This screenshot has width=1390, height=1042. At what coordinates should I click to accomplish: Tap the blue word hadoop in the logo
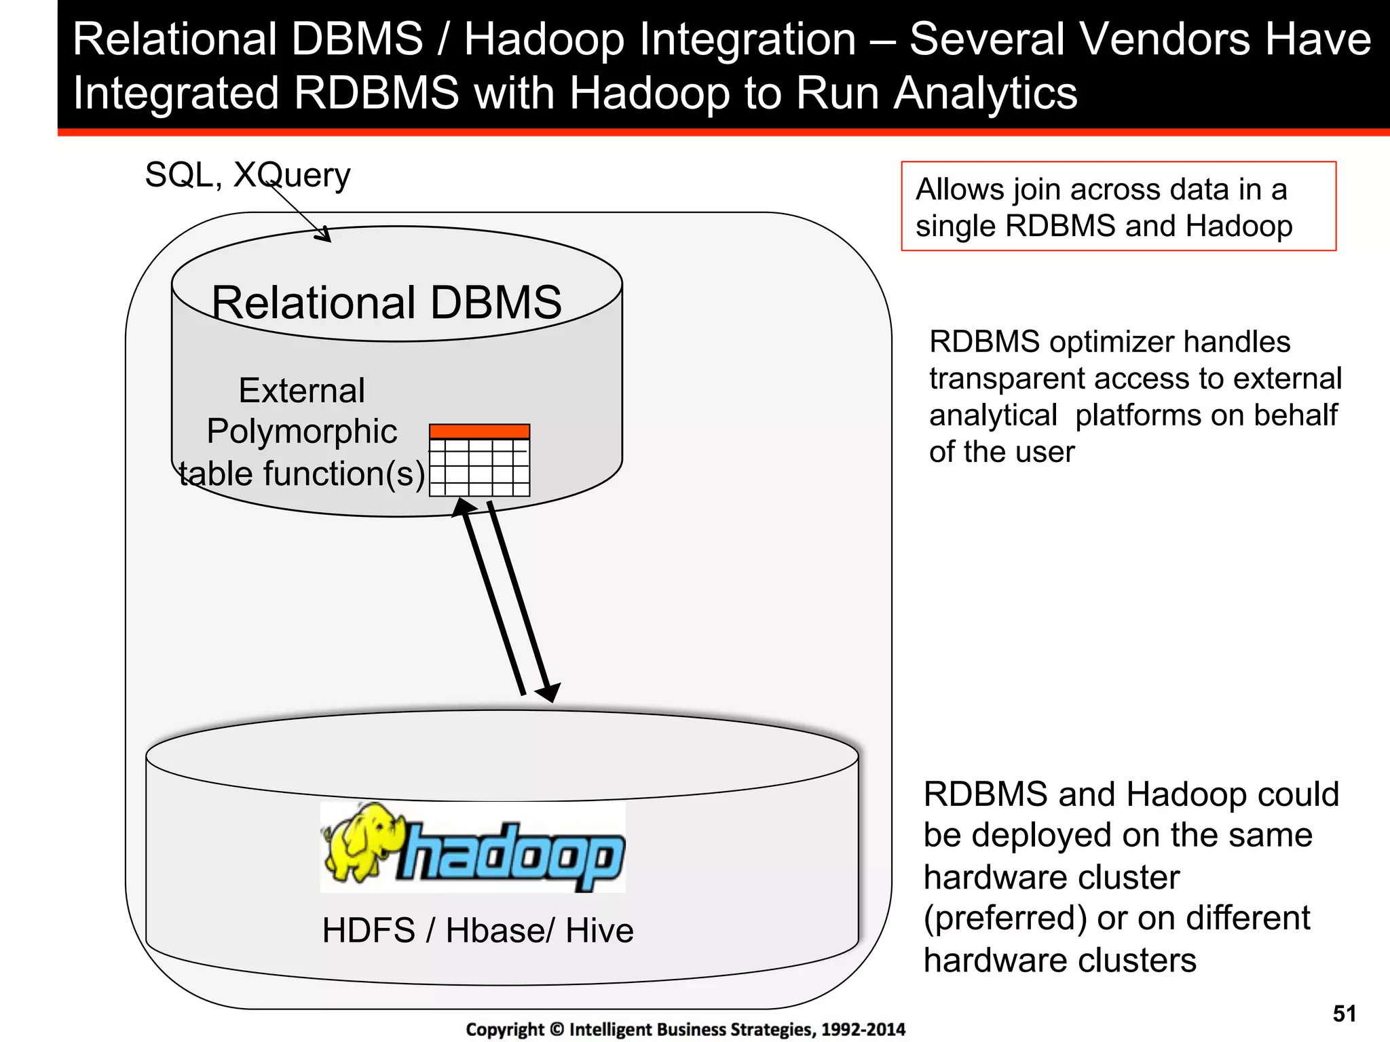[512, 855]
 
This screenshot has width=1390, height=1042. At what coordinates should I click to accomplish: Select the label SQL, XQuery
[248, 175]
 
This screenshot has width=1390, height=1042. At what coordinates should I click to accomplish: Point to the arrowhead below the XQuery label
[323, 234]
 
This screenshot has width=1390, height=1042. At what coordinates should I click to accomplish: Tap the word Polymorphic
[301, 431]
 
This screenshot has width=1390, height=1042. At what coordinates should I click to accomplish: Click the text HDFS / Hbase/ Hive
[478, 930]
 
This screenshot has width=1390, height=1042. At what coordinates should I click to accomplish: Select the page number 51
[1344, 1014]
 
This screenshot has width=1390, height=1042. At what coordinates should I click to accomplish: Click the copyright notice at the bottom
[685, 1029]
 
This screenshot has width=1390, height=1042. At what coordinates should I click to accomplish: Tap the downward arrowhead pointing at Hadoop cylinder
[548, 692]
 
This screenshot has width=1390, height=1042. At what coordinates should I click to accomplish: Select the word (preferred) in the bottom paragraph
[1005, 918]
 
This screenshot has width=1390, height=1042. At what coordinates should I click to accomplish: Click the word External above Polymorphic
[301, 391]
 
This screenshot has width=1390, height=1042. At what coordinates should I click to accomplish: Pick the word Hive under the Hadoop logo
[599, 930]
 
